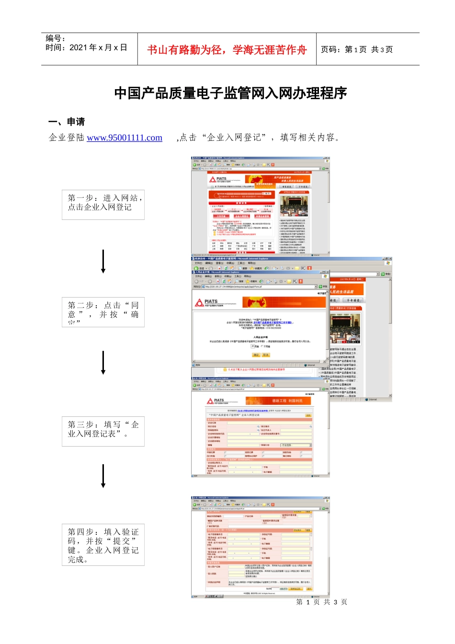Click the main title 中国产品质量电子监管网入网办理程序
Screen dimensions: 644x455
tap(230, 93)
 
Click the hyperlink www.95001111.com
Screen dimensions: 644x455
tap(125, 138)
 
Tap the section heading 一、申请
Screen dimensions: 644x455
tap(67, 122)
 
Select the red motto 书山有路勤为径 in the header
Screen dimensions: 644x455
tap(227, 50)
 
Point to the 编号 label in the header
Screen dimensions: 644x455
tap(55, 38)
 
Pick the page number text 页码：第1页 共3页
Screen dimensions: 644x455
tap(357, 49)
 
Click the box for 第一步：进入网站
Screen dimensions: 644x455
tap(103, 205)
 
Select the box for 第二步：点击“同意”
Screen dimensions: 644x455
tap(103, 312)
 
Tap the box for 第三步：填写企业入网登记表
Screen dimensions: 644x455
tap(103, 431)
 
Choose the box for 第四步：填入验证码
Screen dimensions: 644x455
tap(103, 545)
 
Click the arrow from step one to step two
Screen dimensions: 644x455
tap(103, 262)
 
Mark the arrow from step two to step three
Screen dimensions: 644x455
tap(103, 362)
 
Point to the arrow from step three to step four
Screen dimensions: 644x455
tap(103, 476)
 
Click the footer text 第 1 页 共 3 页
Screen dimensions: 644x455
tap(321, 602)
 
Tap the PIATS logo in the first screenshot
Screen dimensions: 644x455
tap(218, 179)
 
